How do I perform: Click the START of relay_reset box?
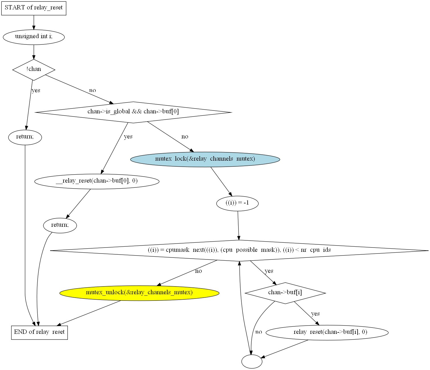34,8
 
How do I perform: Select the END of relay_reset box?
39,333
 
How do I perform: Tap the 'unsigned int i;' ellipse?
34,37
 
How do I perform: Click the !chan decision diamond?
34,70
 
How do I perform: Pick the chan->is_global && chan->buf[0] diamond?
133,112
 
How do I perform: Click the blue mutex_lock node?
205,159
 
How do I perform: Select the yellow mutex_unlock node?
139,293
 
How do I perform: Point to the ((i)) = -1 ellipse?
237,203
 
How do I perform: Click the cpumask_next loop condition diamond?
239,251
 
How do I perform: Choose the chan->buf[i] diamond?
285,293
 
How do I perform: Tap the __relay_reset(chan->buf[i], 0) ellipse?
327,333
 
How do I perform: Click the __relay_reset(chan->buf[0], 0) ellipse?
97,181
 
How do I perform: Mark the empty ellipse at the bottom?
252,361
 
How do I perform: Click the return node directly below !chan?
25,137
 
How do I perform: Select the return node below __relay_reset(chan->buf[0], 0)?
60,226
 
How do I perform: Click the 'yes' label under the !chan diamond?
36,91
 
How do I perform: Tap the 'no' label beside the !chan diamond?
93,91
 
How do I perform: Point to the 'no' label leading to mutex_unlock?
198,271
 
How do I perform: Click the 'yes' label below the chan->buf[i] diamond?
315,314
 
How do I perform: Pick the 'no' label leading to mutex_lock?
185,137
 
